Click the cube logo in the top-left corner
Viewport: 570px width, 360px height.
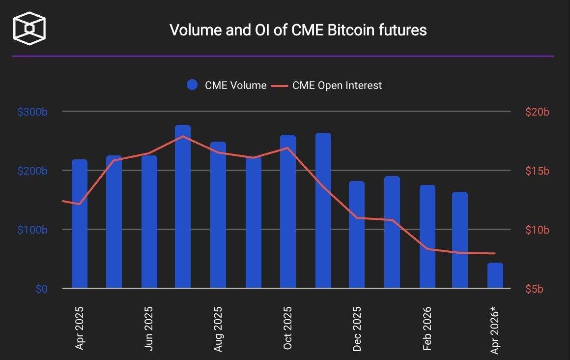pyautogui.click(x=29, y=30)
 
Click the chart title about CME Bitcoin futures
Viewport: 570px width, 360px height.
pyautogui.click(x=298, y=30)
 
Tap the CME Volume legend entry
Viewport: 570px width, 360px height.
pyautogui.click(x=227, y=85)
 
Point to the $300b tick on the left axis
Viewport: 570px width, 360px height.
pyautogui.click(x=32, y=112)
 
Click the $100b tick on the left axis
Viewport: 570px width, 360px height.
pyautogui.click(x=32, y=230)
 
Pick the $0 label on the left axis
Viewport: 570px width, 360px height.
pyautogui.click(x=41, y=289)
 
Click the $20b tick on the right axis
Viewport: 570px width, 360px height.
pyautogui.click(x=537, y=112)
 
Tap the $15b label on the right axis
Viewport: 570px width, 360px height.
pyautogui.click(x=537, y=171)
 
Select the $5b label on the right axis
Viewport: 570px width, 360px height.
pyautogui.click(x=535, y=289)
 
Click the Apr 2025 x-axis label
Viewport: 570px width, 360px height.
pyautogui.click(x=80, y=328)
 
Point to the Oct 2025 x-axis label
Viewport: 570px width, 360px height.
pyautogui.click(x=288, y=328)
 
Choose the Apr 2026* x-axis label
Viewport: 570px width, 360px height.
pyautogui.click(x=495, y=330)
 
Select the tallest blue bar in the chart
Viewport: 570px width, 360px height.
pyautogui.click(x=183, y=207)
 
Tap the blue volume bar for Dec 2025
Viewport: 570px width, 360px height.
pyautogui.click(x=357, y=235)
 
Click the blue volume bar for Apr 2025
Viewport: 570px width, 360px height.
pyautogui.click(x=80, y=224)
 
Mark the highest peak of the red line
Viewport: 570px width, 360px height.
pyautogui.click(x=183, y=136)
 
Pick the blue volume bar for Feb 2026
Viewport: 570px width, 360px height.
pyautogui.click(x=427, y=237)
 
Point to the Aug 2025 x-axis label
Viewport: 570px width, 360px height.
pyautogui.click(x=218, y=328)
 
